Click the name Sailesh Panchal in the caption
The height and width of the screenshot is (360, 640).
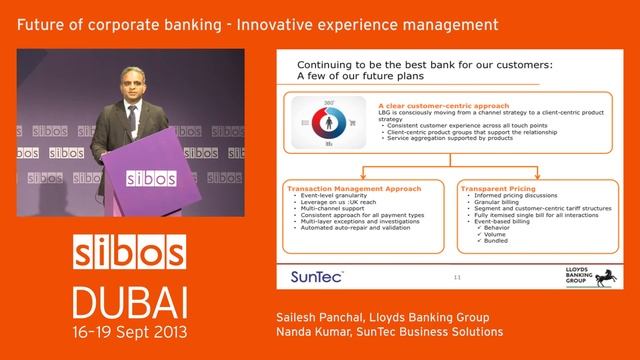pyautogui.click(x=317, y=316)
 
